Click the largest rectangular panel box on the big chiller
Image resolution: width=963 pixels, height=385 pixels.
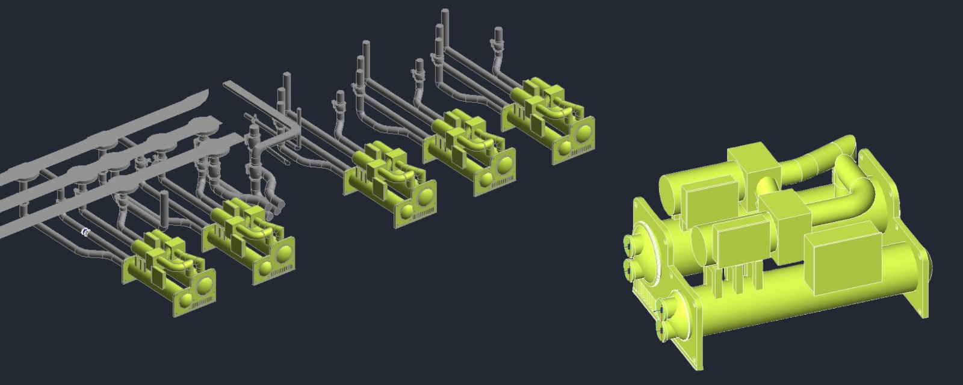847,260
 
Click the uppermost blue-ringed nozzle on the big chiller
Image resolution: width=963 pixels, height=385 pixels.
630,244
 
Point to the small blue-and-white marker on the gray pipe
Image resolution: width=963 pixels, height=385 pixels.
85,232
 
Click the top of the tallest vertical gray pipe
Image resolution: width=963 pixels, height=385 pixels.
445,12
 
